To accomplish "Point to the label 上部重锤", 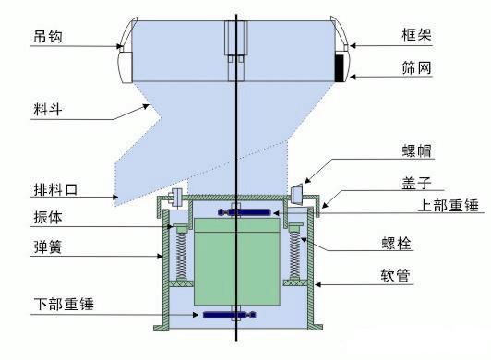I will click(447, 205).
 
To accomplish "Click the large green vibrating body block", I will click(236, 263).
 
